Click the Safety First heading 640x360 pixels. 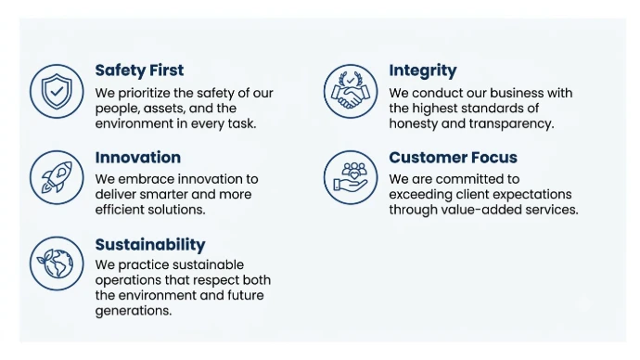coord(139,71)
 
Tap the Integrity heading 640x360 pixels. coord(422,71)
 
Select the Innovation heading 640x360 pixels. coord(138,158)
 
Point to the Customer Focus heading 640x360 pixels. coord(453,158)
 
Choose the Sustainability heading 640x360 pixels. coord(150,245)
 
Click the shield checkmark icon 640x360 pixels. coord(57,92)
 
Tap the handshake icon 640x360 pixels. coord(351,92)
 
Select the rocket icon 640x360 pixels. coord(57,177)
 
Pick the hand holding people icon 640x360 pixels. coord(351,177)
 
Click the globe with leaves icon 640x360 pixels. coord(57,264)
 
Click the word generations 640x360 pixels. coord(134,311)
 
